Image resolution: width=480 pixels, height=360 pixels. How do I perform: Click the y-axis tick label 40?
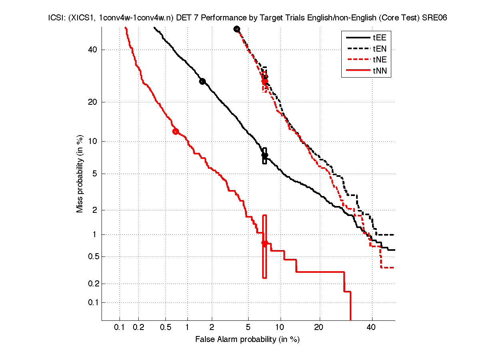[93, 50]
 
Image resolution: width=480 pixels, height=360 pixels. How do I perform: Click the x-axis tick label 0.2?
[139, 328]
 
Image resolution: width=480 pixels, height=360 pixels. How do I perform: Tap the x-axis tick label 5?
[248, 328]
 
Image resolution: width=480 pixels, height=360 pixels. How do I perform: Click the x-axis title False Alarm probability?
[247, 340]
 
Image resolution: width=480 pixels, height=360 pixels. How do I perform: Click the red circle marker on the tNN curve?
[175, 131]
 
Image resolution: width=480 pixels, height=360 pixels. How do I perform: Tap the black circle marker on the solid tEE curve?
[202, 81]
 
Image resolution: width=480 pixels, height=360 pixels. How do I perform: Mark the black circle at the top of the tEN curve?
[237, 29]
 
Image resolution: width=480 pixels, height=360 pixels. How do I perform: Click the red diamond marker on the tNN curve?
[264, 243]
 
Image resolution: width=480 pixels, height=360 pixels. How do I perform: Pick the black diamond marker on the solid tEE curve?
[264, 155]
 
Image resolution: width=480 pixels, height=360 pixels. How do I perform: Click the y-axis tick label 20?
[93, 102]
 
